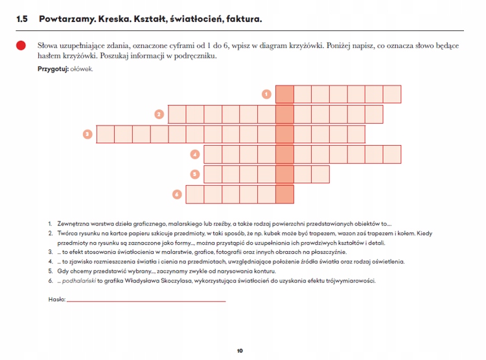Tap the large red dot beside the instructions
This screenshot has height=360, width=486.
pyautogui.click(x=21, y=46)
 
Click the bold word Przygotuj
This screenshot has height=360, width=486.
pyautogui.click(x=52, y=69)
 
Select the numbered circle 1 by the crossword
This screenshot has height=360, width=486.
pyautogui.click(x=266, y=95)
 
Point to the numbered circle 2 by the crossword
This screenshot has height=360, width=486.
pyautogui.click(x=159, y=115)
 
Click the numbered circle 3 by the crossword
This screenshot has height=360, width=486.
pyautogui.click(x=87, y=134)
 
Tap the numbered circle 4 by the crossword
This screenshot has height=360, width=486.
pyautogui.click(x=194, y=154)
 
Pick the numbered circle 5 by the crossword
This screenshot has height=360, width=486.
pyautogui.click(x=194, y=174)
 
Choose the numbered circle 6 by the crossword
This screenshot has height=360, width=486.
pyautogui.click(x=176, y=194)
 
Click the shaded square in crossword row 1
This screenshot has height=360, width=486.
pyautogui.click(x=284, y=95)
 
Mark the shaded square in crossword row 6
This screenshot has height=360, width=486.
pyautogui.click(x=284, y=194)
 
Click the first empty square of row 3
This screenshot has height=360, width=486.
pyautogui.click(x=106, y=134)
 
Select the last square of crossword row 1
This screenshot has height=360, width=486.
pyautogui.click(x=392, y=95)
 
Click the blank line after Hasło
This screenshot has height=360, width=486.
pyautogui.click(x=146, y=300)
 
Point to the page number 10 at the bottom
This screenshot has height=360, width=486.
pyautogui.click(x=240, y=351)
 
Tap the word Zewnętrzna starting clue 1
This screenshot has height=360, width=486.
pyautogui.click(x=72, y=222)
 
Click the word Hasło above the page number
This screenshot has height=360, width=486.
pyautogui.click(x=56, y=299)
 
